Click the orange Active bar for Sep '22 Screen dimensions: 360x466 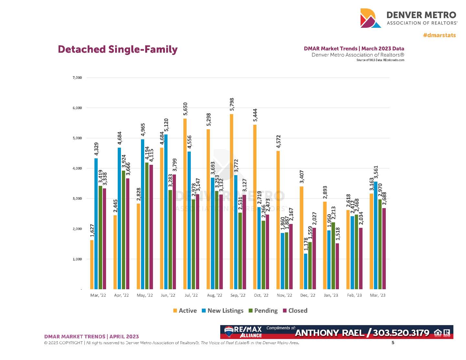232,202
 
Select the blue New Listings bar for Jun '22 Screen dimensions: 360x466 166,212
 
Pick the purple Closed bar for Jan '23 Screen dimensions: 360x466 337,266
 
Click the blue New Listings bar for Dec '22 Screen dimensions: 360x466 306,271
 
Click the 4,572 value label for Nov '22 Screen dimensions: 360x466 278,142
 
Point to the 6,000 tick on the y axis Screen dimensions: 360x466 77,108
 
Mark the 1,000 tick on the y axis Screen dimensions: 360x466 77,259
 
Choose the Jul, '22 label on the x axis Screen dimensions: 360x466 191,295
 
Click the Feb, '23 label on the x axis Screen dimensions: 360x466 354,295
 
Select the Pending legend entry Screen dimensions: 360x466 263,311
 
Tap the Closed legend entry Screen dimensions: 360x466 295,311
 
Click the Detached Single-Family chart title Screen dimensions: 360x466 118,49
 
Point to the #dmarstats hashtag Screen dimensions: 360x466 439,35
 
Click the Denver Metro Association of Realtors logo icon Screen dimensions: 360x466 371,18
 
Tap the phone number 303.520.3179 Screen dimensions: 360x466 401,333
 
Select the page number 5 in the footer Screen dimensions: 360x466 393,343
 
